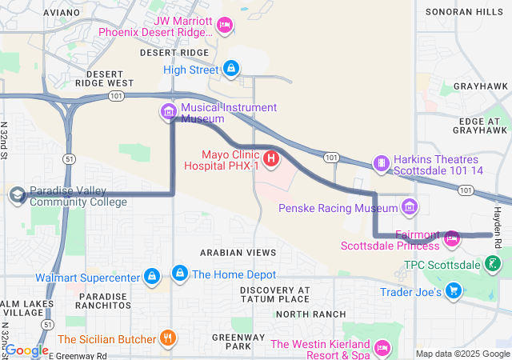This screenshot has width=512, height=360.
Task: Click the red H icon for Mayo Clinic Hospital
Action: click(x=271, y=159)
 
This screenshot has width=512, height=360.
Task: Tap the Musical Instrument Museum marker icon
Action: click(x=169, y=112)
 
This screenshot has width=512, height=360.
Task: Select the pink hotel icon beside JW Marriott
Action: click(x=225, y=26)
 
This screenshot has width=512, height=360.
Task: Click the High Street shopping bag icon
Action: click(x=231, y=70)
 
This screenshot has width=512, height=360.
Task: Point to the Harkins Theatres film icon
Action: click(x=382, y=164)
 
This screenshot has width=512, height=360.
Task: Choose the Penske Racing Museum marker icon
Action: click(x=410, y=208)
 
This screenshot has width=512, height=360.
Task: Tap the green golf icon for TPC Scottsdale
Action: click(x=495, y=263)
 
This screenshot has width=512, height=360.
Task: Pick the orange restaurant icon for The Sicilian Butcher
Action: click(x=167, y=338)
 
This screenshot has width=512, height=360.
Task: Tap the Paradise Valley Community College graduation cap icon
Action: click(x=17, y=195)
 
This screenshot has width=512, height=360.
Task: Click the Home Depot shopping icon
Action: click(x=181, y=274)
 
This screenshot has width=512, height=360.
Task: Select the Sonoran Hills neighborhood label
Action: click(x=460, y=12)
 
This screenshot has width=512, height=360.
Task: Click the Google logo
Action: click(x=26, y=350)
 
